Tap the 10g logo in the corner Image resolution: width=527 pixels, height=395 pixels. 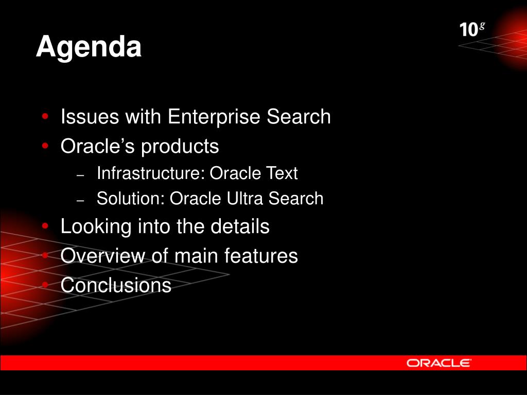(x=472, y=29)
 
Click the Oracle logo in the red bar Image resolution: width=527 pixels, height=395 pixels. (x=438, y=363)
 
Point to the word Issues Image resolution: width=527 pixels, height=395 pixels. (x=90, y=117)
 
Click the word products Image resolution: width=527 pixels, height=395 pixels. (x=180, y=147)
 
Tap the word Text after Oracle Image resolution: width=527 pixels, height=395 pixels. (x=282, y=173)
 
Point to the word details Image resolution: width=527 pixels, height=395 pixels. (x=240, y=226)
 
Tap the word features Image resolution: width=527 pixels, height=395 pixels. (x=261, y=256)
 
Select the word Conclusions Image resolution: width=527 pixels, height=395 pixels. (x=116, y=285)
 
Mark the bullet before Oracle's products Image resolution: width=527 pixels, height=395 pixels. (x=45, y=146)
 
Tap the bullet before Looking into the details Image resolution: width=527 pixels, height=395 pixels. (x=45, y=226)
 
